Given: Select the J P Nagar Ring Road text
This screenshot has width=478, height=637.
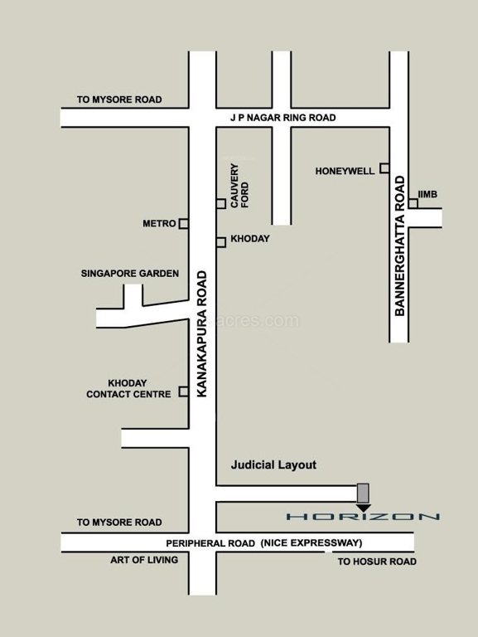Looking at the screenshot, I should (282, 118).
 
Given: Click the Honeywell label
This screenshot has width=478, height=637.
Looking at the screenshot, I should (345, 171).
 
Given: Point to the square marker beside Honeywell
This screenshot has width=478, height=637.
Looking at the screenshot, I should (384, 168).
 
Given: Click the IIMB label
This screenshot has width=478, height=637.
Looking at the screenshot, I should (427, 194).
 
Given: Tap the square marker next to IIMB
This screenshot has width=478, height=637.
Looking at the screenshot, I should (413, 203).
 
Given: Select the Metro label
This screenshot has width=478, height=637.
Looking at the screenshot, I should (159, 224).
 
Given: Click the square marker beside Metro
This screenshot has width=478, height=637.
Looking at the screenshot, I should (184, 223).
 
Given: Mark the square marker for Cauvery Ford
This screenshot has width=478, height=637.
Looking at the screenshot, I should (221, 203).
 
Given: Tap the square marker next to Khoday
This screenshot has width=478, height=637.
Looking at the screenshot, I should (221, 242).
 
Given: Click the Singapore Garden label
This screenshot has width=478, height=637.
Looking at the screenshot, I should (129, 273).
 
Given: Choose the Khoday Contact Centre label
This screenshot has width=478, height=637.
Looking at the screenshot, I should (128, 389).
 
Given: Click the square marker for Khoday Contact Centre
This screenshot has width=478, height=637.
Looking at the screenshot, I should (184, 393).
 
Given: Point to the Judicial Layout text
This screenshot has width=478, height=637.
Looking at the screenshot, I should (273, 464).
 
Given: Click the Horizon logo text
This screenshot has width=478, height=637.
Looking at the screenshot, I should (363, 517).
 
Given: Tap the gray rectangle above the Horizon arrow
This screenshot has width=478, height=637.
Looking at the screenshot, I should (363, 492).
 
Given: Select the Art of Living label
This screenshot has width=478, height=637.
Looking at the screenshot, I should (144, 560).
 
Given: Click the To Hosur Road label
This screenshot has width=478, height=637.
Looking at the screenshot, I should (376, 562).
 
